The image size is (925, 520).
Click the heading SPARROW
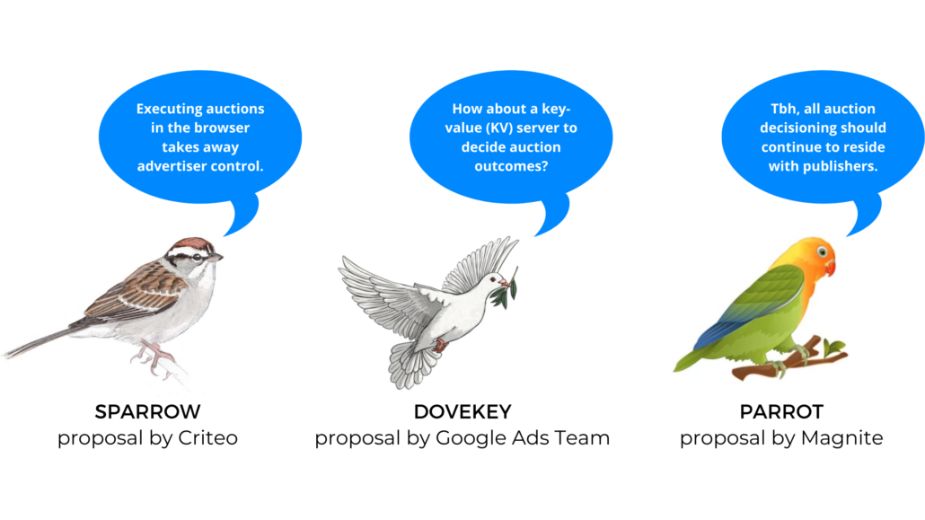(147, 411)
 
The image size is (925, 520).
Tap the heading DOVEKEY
(462, 411)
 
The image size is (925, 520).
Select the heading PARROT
(781, 411)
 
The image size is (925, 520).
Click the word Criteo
(207, 438)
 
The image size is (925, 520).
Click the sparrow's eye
(197, 257)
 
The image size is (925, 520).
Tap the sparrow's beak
(216, 257)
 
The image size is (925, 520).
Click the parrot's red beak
(831, 267)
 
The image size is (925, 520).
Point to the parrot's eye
(822, 252)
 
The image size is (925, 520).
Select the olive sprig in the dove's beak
(506, 289)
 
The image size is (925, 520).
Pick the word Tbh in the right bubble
(783, 109)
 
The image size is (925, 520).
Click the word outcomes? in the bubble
(511, 166)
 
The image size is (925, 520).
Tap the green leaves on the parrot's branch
(833, 347)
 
